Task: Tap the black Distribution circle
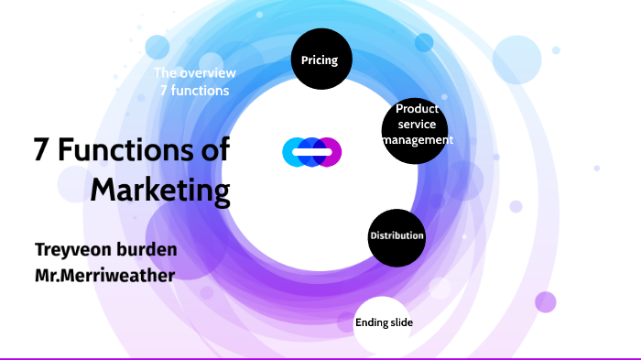click(x=397, y=236)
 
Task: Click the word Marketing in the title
click(x=160, y=191)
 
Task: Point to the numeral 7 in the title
click(x=40, y=149)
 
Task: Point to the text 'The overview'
click(x=194, y=72)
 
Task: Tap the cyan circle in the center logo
click(x=294, y=151)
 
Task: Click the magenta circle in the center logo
click(x=330, y=151)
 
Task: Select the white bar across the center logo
click(x=311, y=151)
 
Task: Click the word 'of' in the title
click(x=213, y=149)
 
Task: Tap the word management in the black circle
click(x=418, y=140)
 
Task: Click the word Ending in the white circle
click(x=371, y=323)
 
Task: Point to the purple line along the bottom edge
click(x=320, y=358)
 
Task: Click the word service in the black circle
click(x=417, y=125)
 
